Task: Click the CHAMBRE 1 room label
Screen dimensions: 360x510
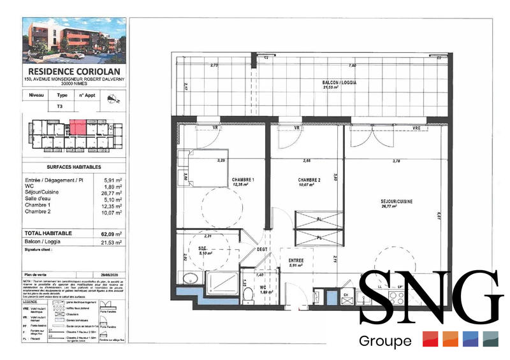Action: pyautogui.click(x=243, y=180)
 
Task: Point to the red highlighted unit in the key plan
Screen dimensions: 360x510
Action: pyautogui.click(x=76, y=126)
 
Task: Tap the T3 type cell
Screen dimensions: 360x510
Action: pyautogui.click(x=60, y=107)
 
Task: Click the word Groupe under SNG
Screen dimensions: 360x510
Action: pyautogui.click(x=385, y=341)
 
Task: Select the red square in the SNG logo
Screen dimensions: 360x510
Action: pyautogui.click(x=430, y=339)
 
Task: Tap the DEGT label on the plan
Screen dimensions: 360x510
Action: pyautogui.click(x=261, y=250)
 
